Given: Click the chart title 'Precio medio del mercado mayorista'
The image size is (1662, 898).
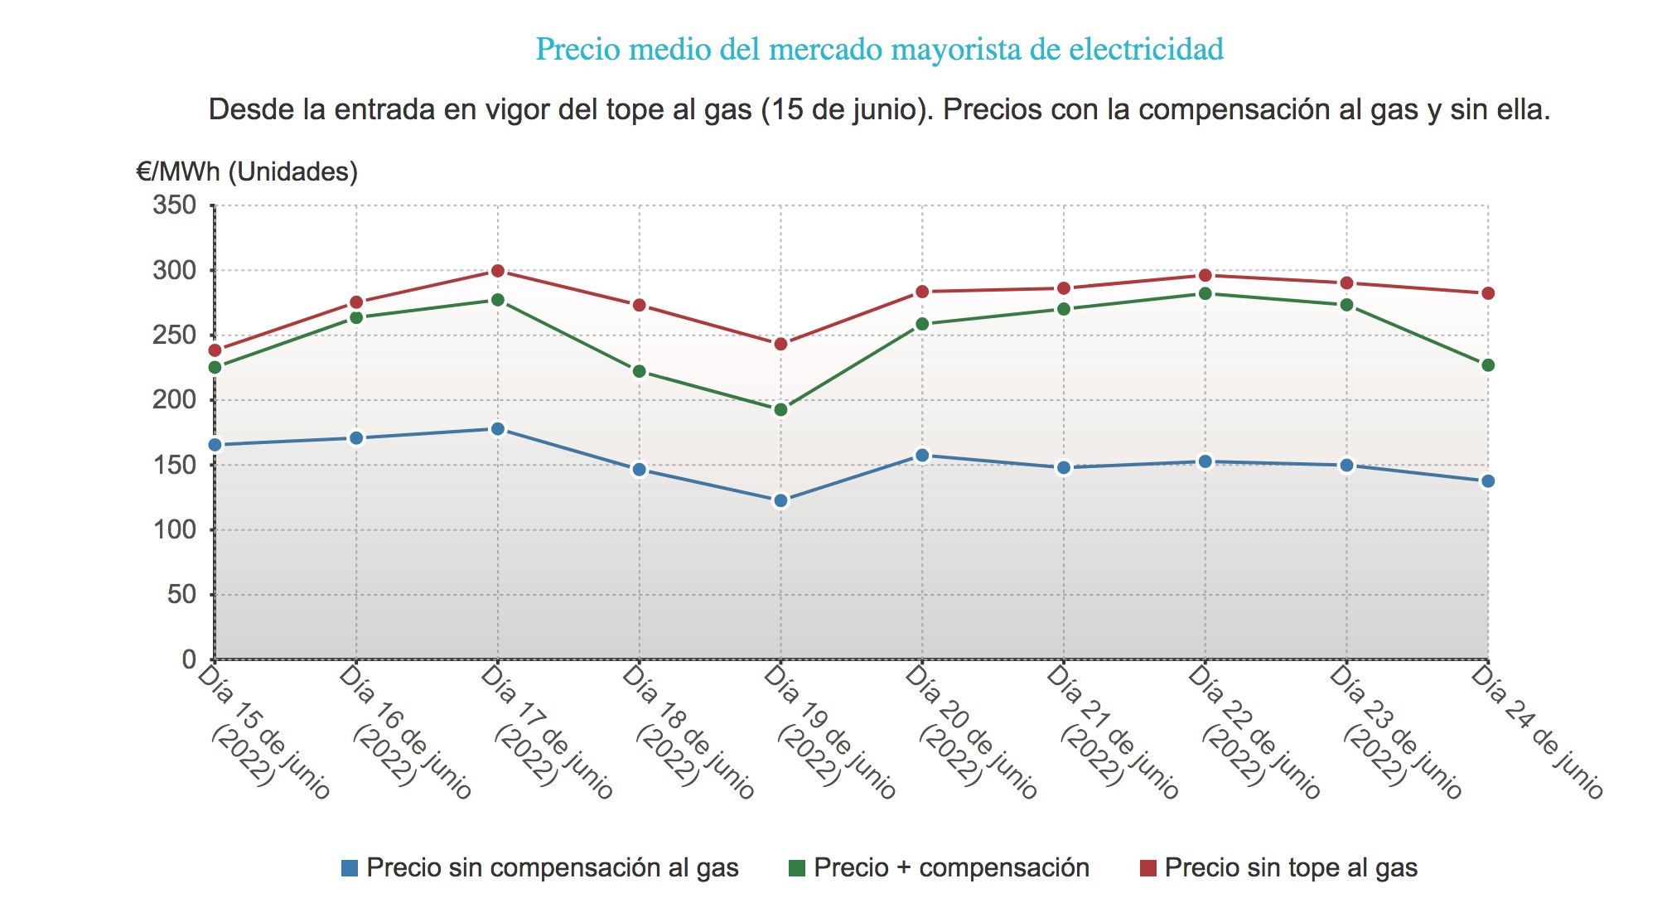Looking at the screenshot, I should click(879, 50).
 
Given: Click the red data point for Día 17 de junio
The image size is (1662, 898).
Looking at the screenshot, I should click(498, 271).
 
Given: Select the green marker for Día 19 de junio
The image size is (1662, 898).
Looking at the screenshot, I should click(780, 409).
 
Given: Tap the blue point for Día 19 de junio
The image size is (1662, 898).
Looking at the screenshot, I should click(780, 500).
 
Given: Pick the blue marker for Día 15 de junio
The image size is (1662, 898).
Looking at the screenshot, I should click(215, 445).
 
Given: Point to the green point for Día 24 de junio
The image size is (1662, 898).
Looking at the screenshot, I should click(1488, 365).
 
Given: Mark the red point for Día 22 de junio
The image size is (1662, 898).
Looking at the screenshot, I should click(1205, 275).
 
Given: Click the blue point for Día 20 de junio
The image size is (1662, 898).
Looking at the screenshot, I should click(922, 455).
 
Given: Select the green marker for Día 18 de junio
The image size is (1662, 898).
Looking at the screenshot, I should click(640, 371).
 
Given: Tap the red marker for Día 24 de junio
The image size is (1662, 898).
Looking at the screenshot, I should click(1488, 293).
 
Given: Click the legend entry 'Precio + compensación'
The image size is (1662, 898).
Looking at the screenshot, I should click(951, 867).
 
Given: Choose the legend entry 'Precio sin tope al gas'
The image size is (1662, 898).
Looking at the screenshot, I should click(1291, 867).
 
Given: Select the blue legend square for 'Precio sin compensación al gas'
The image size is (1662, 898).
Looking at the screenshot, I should click(350, 868).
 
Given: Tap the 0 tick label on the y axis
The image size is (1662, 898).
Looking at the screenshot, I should click(189, 659).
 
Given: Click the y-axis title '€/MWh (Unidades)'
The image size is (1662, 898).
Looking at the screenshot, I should click(247, 171).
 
